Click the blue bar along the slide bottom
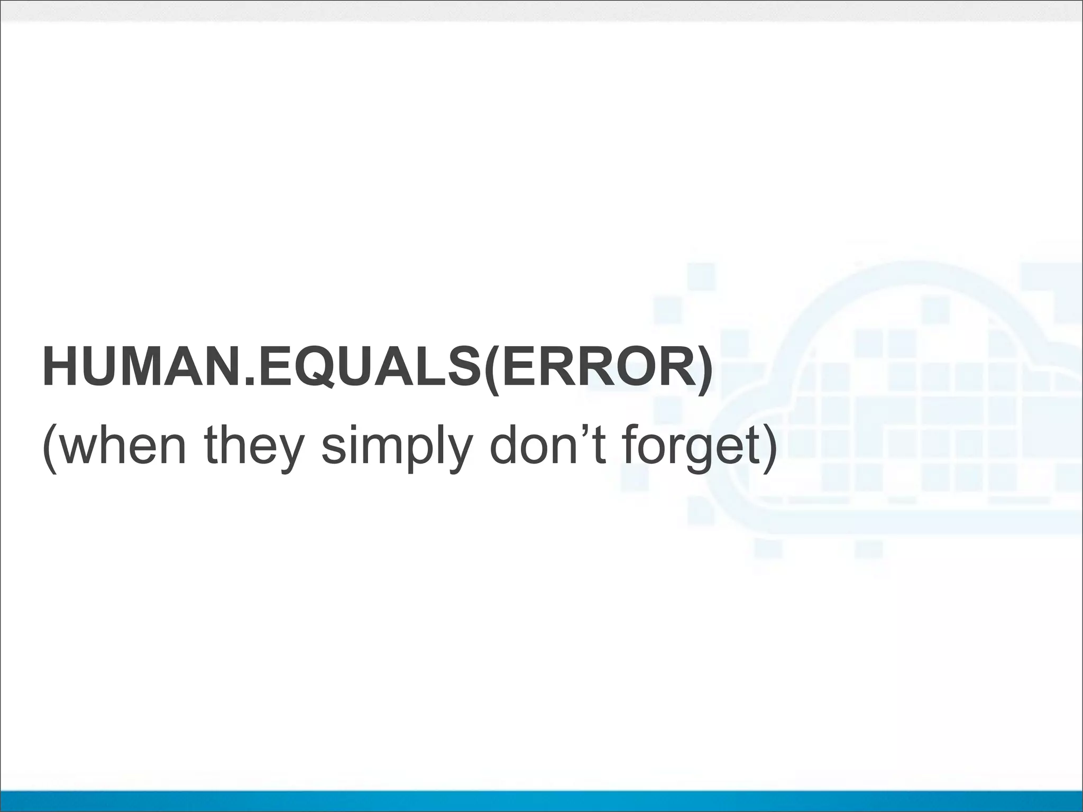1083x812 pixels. click(541, 801)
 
